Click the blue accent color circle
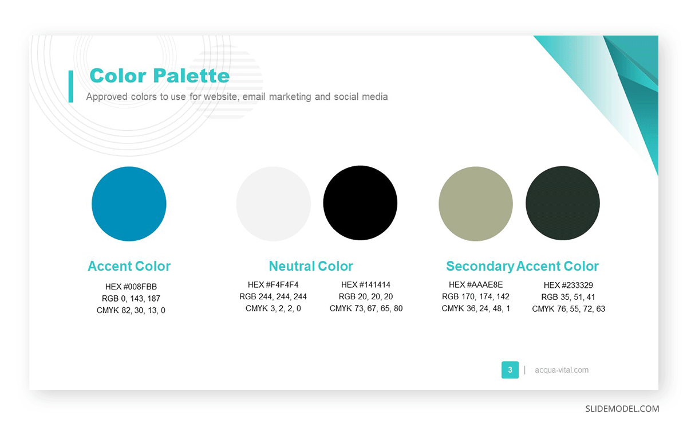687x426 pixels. pos(129,204)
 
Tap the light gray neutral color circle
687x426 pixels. pos(273,204)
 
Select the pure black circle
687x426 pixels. pos(360,203)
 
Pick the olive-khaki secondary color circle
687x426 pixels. pos(476,204)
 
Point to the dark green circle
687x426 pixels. pos(562,204)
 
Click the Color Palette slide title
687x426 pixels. pos(159,76)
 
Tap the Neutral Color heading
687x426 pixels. pos(311,266)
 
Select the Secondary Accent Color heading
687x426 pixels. pos(522,266)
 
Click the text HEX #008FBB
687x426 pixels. pos(131,287)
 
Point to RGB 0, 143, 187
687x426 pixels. pos(131,299)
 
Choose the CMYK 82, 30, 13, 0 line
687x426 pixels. pos(131,311)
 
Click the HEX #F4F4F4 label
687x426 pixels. pos(273,284)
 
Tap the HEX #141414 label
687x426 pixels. pos(366,284)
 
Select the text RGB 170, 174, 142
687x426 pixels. pos(476,296)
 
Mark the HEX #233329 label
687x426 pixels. pos(568,285)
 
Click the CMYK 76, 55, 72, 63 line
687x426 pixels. pos(568,309)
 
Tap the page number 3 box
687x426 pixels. pos(510,370)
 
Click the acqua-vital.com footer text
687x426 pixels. pos(562,370)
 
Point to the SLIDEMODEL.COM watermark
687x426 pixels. pos(622,409)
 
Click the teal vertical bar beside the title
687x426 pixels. pos(70,86)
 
